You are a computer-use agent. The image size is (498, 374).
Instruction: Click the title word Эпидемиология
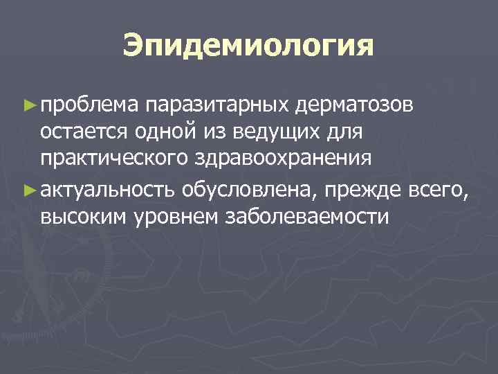pos(248,46)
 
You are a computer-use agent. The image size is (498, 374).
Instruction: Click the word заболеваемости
pos(308,217)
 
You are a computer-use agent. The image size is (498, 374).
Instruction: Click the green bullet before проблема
pos(28,105)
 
